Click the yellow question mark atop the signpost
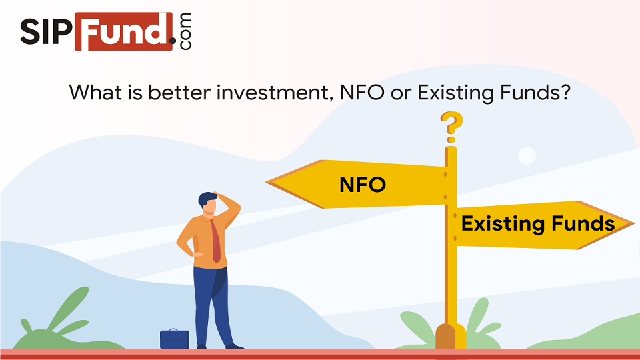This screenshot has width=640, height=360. pyautogui.click(x=451, y=126)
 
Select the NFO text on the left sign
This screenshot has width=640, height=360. pyautogui.click(x=362, y=185)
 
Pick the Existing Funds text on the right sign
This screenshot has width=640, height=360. pyautogui.click(x=537, y=224)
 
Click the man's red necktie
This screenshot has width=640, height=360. pyautogui.click(x=216, y=241)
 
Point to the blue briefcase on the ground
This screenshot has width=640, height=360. pyautogui.click(x=175, y=339)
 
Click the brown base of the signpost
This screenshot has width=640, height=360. pyautogui.click(x=450, y=337)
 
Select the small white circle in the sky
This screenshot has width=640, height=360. pyautogui.click(x=527, y=155)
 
